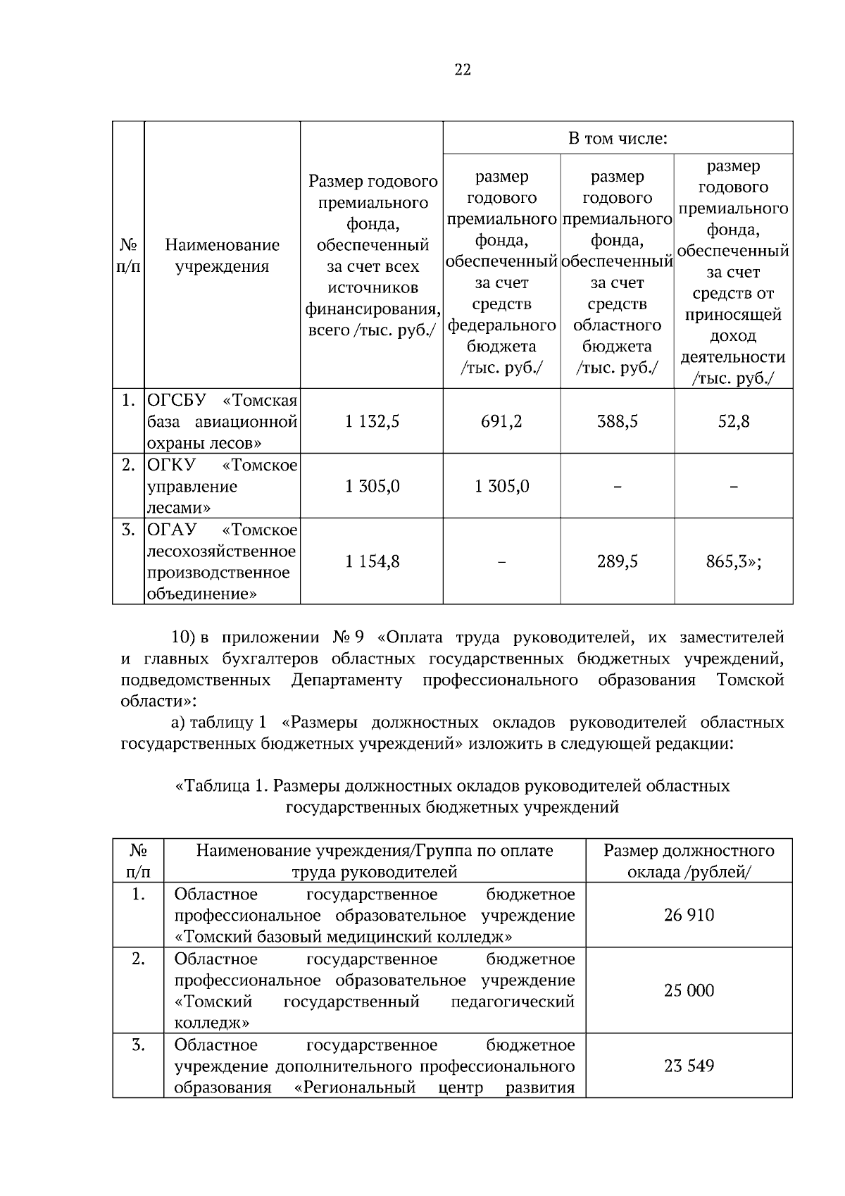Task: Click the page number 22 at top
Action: pos(463,69)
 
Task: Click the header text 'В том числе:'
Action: pos(618,138)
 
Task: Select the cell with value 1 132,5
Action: pos(372,421)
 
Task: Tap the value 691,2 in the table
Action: pos(501,421)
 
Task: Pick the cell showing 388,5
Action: pos(618,421)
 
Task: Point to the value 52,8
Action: pos(734,421)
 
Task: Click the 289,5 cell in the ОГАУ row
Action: pos(618,561)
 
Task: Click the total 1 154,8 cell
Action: pos(372,561)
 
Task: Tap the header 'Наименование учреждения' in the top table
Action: pos(222,255)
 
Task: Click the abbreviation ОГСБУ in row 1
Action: pos(176,400)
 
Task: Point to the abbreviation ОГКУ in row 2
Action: pos(172,465)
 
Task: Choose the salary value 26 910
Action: pos(689,915)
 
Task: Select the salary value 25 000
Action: pos(689,990)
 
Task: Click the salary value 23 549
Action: pos(689,1066)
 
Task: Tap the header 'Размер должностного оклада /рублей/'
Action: pos(689,861)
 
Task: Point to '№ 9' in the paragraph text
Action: pos(349,637)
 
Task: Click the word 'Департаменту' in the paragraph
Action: pos(346,680)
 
